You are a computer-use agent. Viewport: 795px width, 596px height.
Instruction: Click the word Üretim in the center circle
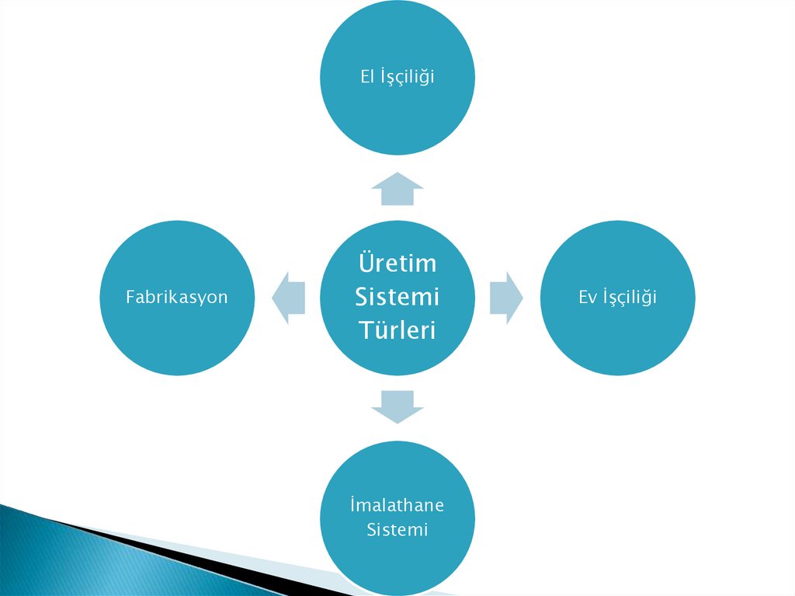[397, 263]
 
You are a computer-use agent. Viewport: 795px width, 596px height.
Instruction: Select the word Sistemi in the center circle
[397, 296]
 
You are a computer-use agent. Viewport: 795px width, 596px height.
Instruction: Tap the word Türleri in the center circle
[397, 329]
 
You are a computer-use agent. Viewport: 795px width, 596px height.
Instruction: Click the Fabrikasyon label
[177, 297]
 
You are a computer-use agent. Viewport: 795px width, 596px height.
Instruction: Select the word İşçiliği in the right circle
[628, 298]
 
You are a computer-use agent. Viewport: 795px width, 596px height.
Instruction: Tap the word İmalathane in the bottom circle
[397, 505]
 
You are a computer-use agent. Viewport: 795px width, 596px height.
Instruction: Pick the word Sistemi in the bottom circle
[397, 531]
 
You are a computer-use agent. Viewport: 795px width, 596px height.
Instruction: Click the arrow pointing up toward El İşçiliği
[397, 189]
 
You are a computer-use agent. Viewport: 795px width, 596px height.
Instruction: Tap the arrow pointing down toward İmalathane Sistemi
[397, 406]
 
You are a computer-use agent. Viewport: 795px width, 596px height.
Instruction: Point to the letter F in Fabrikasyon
[130, 297]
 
